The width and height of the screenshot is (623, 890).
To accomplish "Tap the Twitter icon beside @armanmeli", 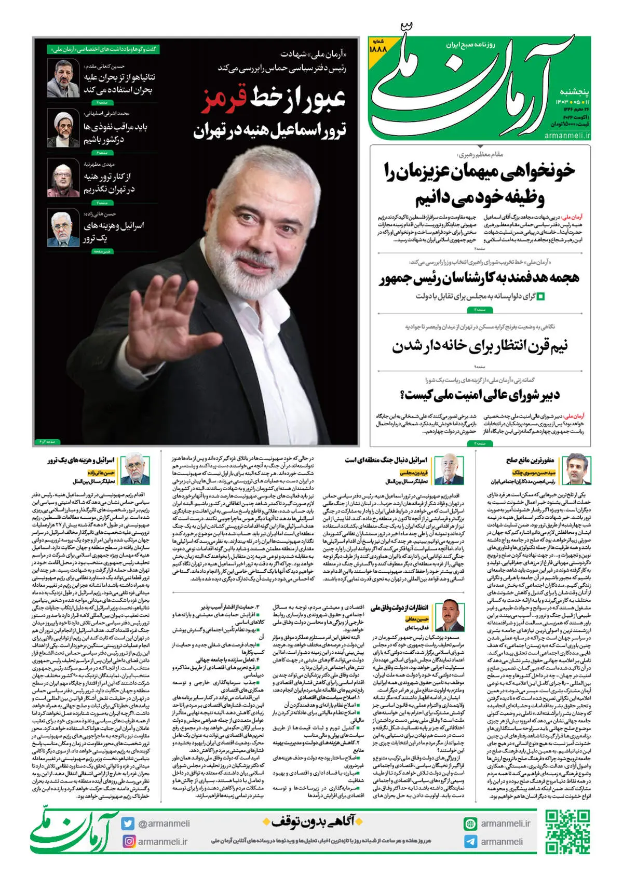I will coord(128,824).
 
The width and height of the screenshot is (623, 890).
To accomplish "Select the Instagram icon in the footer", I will coord(128,841).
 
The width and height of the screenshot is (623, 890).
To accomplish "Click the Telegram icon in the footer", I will coord(470,841).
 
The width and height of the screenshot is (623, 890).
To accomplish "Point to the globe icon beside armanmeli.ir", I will coord(470,824).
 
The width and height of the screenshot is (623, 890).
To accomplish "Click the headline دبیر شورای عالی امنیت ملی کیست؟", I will coord(480,395).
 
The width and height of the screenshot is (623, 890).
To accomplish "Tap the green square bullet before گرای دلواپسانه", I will coord(541,296).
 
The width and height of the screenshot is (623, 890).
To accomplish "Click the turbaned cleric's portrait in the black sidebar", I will coord(63,126).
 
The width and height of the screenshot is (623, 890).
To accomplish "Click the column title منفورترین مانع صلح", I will coord(530,460).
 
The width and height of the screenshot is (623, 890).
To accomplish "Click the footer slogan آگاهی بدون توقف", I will coord(311,821).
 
